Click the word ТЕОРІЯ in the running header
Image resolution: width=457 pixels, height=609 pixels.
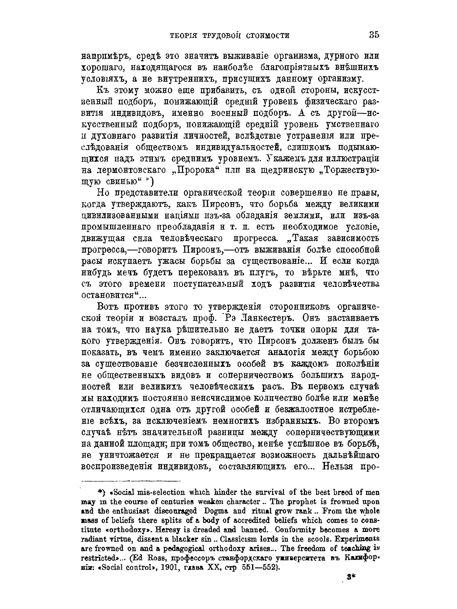coord(183,36)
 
